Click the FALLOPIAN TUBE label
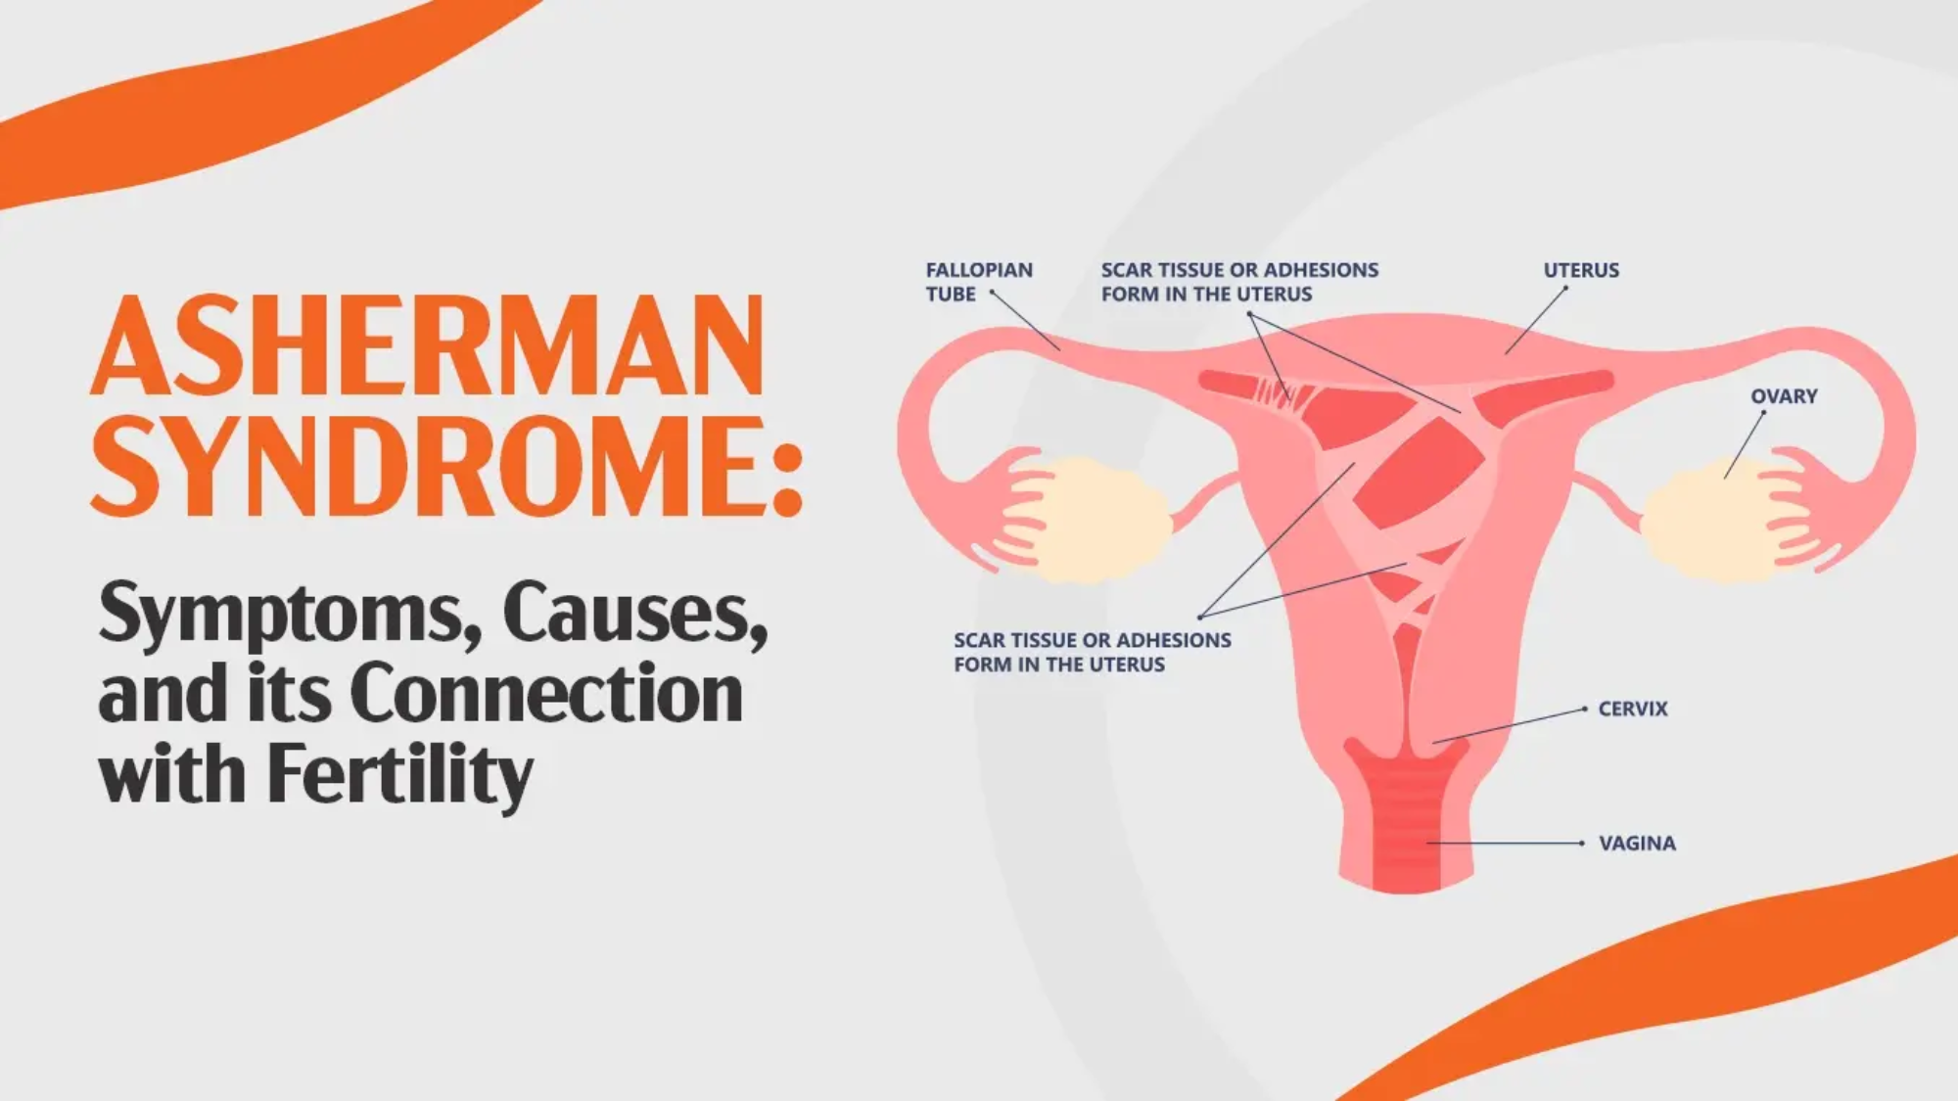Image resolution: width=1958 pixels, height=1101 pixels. pyautogui.click(x=978, y=282)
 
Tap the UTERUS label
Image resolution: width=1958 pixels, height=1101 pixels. pyautogui.click(x=1581, y=270)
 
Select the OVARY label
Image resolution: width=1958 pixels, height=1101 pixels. pyautogui.click(x=1784, y=396)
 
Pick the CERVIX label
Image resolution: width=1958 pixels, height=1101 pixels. pyautogui.click(x=1632, y=709)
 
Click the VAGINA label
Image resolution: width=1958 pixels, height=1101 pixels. pyautogui.click(x=1637, y=843)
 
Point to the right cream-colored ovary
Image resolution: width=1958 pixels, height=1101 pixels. pyautogui.click(x=1708, y=524)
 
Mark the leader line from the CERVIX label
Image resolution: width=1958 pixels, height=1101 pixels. pyautogui.click(x=1509, y=726)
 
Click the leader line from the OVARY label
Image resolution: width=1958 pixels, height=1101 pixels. pyautogui.click(x=1745, y=445)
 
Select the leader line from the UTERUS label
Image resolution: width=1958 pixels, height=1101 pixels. pyautogui.click(x=1536, y=320)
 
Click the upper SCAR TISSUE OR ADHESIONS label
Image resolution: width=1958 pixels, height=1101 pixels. pyautogui.click(x=1238, y=282)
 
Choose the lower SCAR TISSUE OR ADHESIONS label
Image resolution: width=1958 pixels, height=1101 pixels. pyautogui.click(x=1092, y=652)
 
